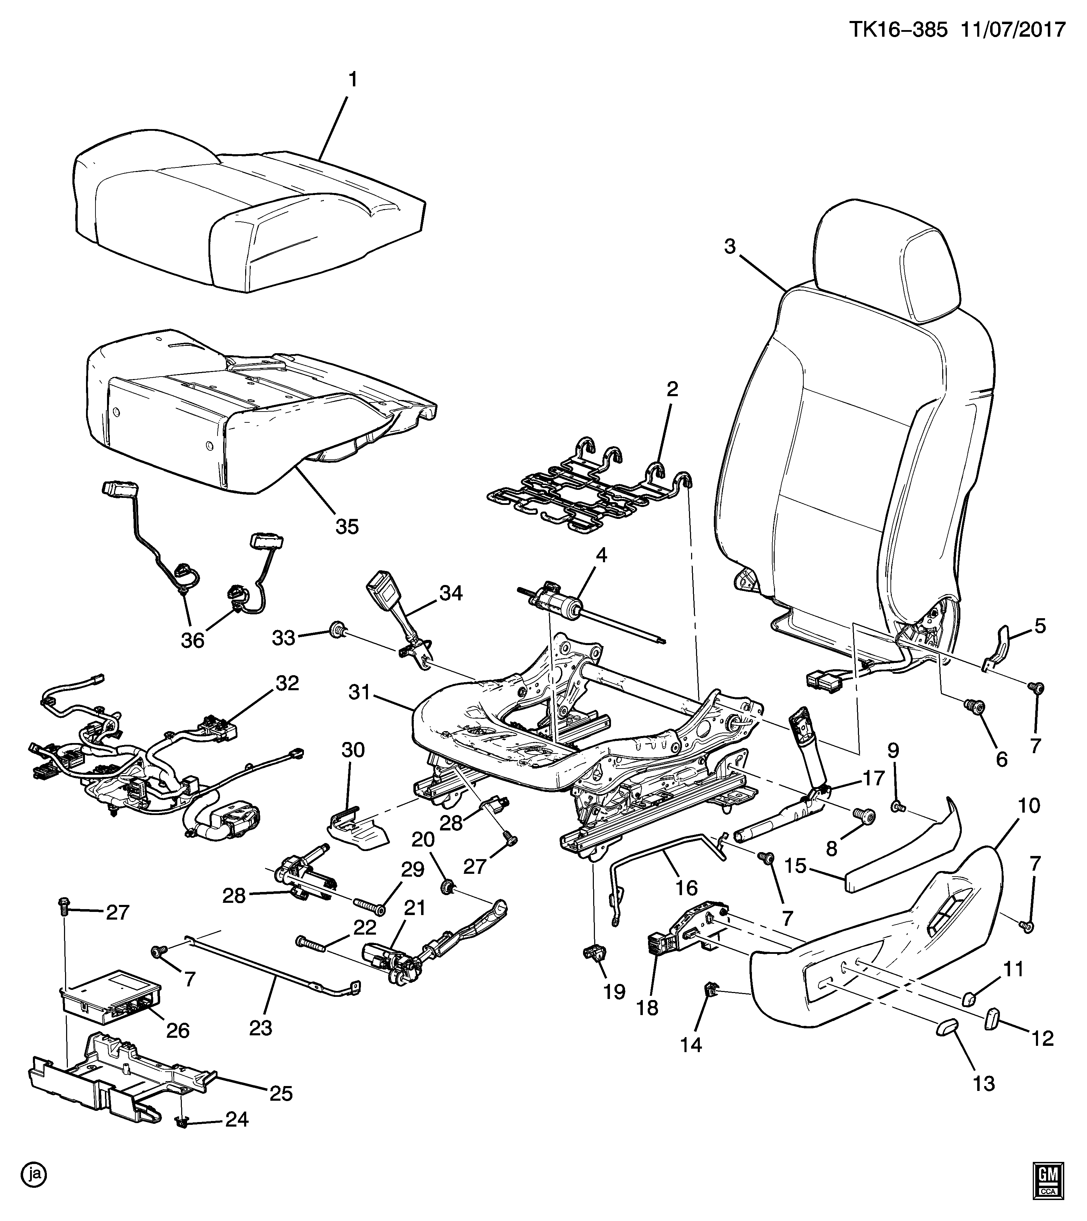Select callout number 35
(x=347, y=526)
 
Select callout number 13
(x=983, y=1083)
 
